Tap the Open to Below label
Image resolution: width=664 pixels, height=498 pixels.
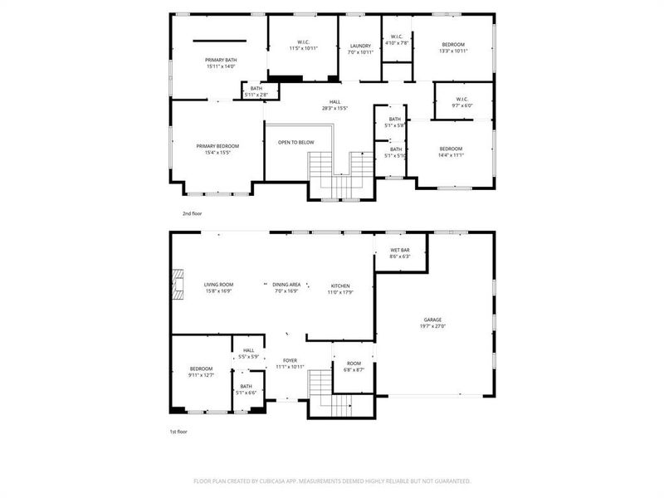pos(295,142)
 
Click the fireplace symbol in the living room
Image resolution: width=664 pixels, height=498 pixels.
pos(177,282)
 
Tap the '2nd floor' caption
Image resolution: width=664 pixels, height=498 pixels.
pos(191,213)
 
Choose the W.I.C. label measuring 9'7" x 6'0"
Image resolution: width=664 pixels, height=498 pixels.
pos(461,102)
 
